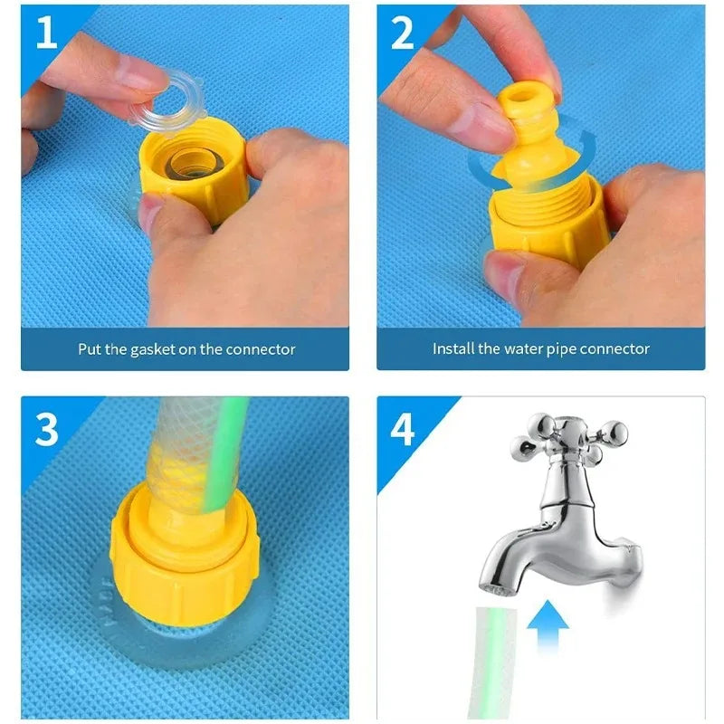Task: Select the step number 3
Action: (46, 430)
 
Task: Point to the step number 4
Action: (403, 430)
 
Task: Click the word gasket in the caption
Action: (147, 348)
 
